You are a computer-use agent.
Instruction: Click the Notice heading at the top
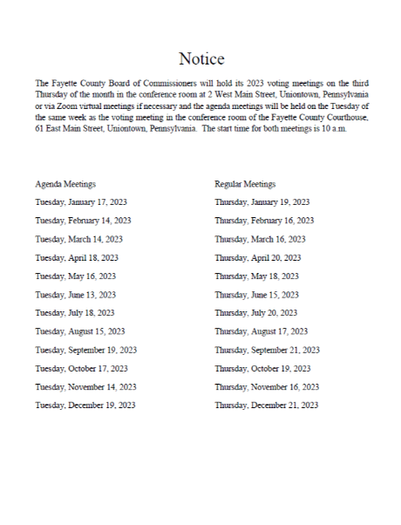tap(201, 59)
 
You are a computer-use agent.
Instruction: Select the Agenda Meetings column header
tap(65, 184)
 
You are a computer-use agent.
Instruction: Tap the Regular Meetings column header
tap(245, 184)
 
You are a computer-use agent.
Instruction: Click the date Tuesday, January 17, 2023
tap(81, 202)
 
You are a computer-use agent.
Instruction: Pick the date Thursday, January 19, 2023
tap(262, 202)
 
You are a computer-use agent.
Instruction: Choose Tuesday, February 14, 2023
tap(83, 221)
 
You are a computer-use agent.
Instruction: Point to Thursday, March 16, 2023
tap(260, 239)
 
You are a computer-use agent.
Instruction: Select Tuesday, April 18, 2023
tap(77, 257)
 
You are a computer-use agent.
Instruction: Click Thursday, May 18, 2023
tap(257, 276)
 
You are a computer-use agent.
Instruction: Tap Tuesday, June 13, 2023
tap(76, 295)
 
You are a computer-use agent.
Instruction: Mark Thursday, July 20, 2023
tap(257, 313)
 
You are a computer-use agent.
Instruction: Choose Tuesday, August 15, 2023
tap(80, 331)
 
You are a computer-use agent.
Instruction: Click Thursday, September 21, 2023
tap(267, 350)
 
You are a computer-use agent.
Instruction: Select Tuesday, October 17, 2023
tap(81, 368)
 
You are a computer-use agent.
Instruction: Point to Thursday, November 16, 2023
tap(267, 386)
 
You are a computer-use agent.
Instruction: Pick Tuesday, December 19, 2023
tap(85, 405)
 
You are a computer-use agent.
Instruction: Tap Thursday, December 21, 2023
tap(266, 405)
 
